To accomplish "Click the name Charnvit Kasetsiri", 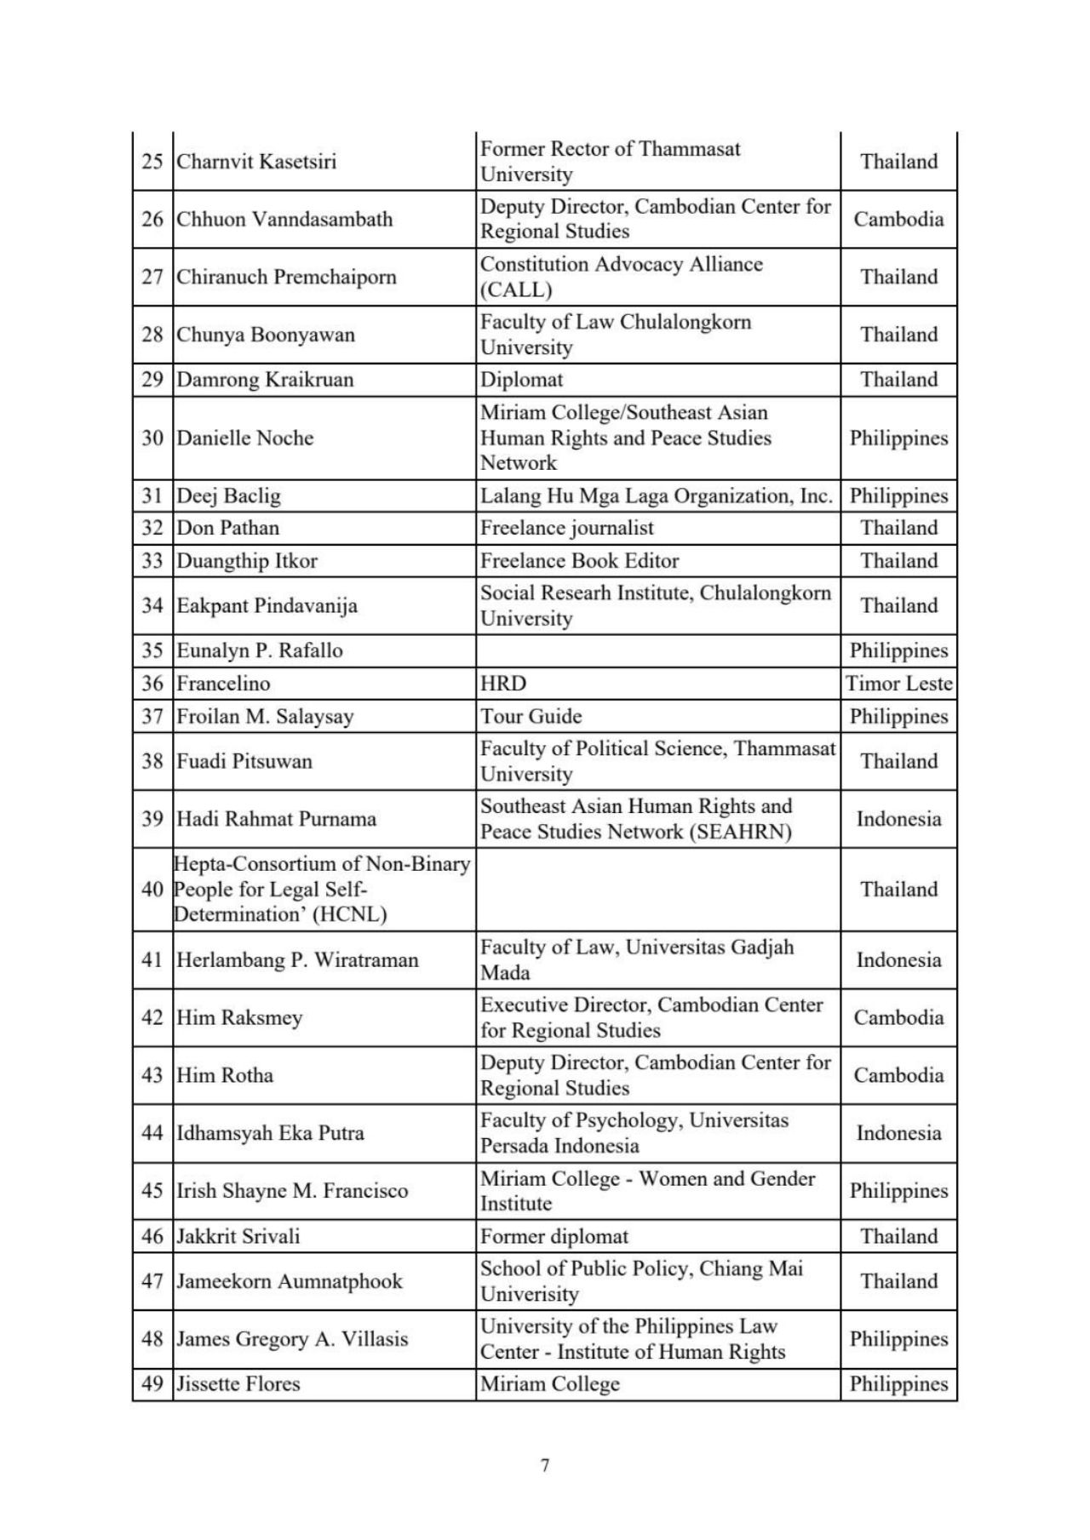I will coord(256,162).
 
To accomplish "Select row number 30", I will coord(152,438).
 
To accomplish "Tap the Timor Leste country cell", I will coord(898,684).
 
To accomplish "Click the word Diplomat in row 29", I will coord(521,380).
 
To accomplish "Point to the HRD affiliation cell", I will coord(503,684).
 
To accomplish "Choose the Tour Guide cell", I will coord(531,717).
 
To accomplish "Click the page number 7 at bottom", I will coord(545,1465).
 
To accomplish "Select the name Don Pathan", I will coord(227,528).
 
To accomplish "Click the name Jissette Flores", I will coord(238,1384).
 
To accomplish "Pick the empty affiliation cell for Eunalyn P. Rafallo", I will coord(657,651).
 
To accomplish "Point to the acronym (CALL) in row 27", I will coord(516,290).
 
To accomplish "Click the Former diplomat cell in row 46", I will coord(554,1237).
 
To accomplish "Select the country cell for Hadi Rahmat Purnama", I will coord(898,819).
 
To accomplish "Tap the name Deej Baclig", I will coord(228,496).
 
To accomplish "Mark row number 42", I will coord(152,1018).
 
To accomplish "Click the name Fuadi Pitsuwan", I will coord(244,762).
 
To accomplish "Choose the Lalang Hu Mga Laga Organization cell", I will coord(656,496).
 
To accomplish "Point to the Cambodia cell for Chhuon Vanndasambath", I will coord(898,220).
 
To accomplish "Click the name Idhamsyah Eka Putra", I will coord(270,1134).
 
